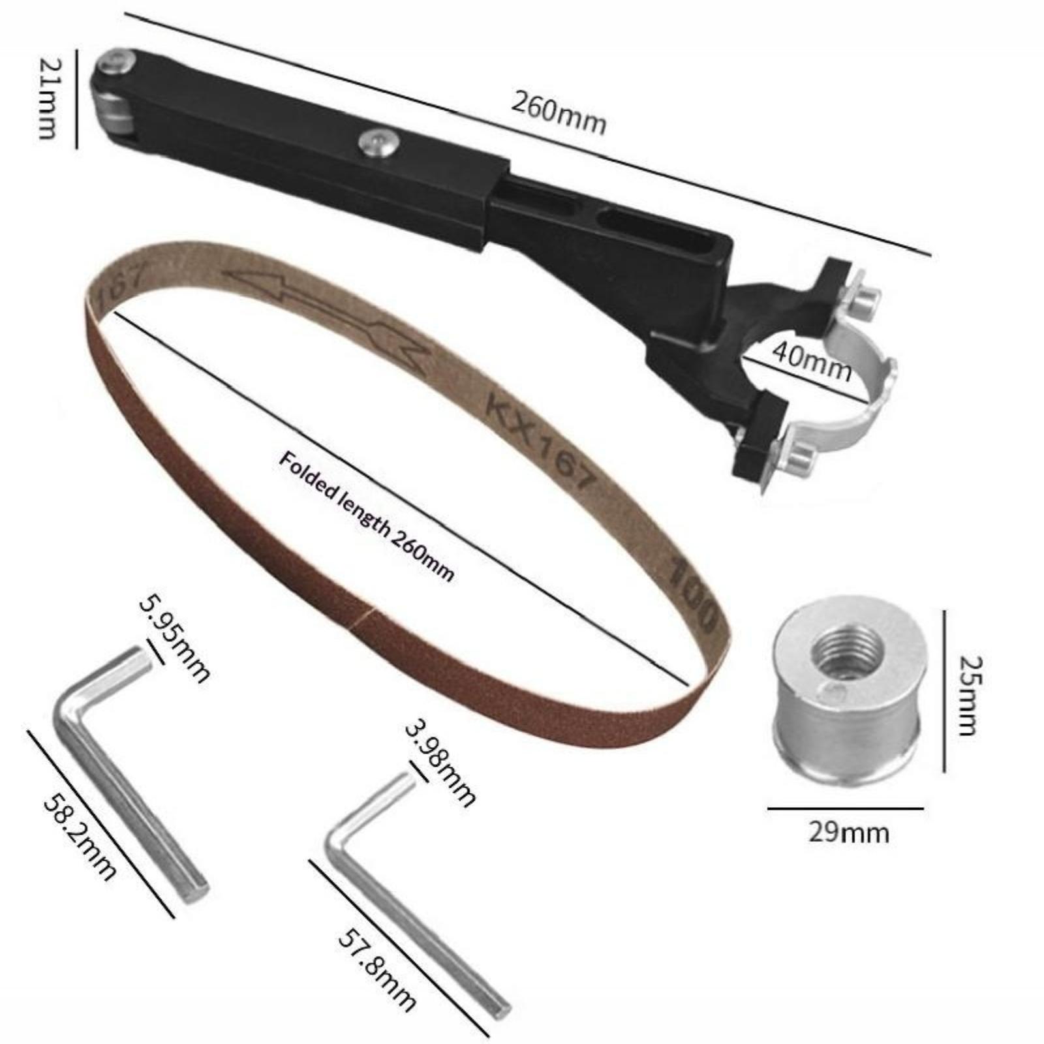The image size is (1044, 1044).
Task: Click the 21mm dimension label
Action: pos(47,98)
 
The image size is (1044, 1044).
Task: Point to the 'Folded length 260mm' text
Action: pos(366,516)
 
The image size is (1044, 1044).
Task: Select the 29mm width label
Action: pos(848,833)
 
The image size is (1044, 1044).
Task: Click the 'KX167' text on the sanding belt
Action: pos(542,444)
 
